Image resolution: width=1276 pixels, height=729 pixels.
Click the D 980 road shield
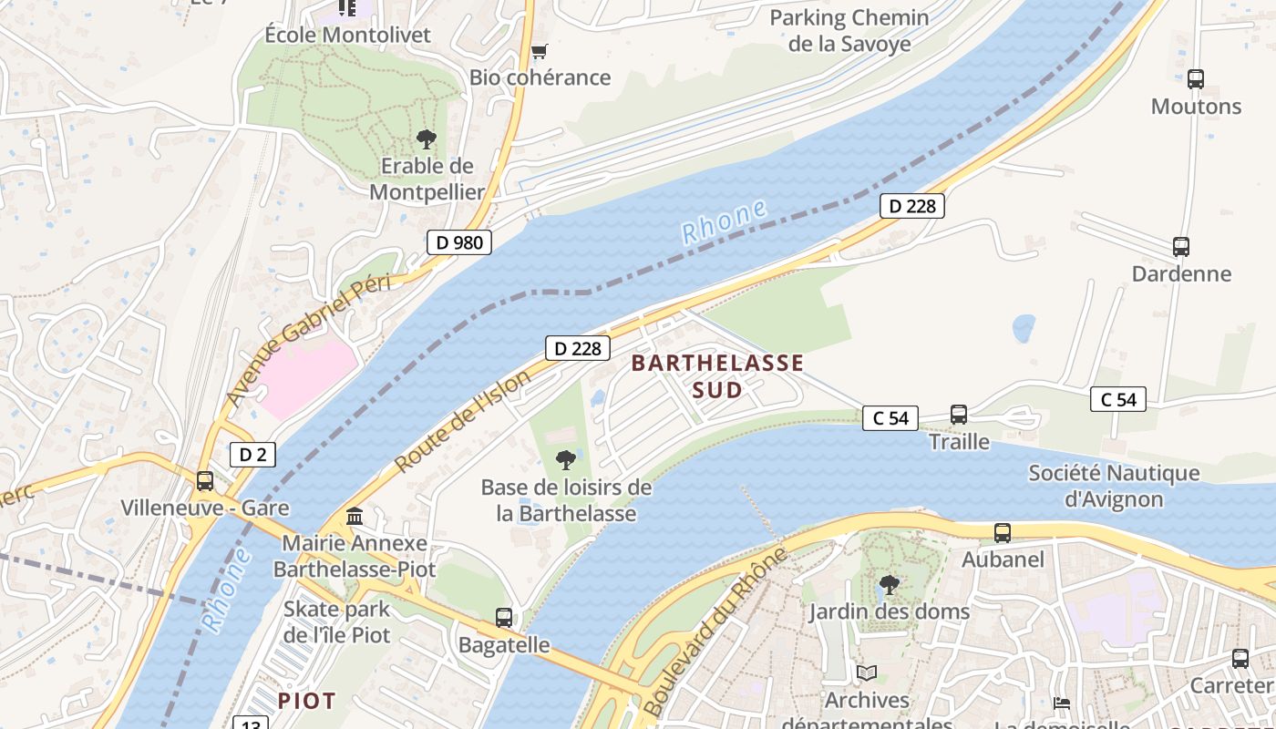(x=459, y=242)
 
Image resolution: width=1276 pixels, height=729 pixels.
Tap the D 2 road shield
(x=252, y=455)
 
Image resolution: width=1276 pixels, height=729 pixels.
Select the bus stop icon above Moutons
(x=1195, y=79)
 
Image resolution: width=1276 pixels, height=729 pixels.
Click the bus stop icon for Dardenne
(x=1180, y=247)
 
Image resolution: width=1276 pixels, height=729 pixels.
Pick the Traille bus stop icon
(x=958, y=415)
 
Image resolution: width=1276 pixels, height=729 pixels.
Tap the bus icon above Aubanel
(x=1002, y=533)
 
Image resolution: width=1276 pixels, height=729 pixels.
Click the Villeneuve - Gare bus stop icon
(x=205, y=481)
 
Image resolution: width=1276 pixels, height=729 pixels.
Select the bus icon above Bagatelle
(x=503, y=618)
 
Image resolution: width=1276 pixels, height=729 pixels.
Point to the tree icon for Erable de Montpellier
(x=426, y=139)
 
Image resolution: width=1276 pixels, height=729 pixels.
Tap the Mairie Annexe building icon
(x=355, y=517)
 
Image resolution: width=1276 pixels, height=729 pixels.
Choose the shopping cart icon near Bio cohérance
(x=539, y=51)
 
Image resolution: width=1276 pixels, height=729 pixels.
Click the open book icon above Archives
(x=866, y=673)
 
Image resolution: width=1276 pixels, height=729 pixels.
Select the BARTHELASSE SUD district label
(x=717, y=376)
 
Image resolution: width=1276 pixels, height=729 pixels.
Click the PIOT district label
(x=307, y=701)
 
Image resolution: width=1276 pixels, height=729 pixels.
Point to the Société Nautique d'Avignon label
(x=1114, y=487)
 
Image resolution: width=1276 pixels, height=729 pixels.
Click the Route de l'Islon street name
(x=462, y=421)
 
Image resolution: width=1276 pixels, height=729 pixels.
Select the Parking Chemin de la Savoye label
(x=849, y=31)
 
